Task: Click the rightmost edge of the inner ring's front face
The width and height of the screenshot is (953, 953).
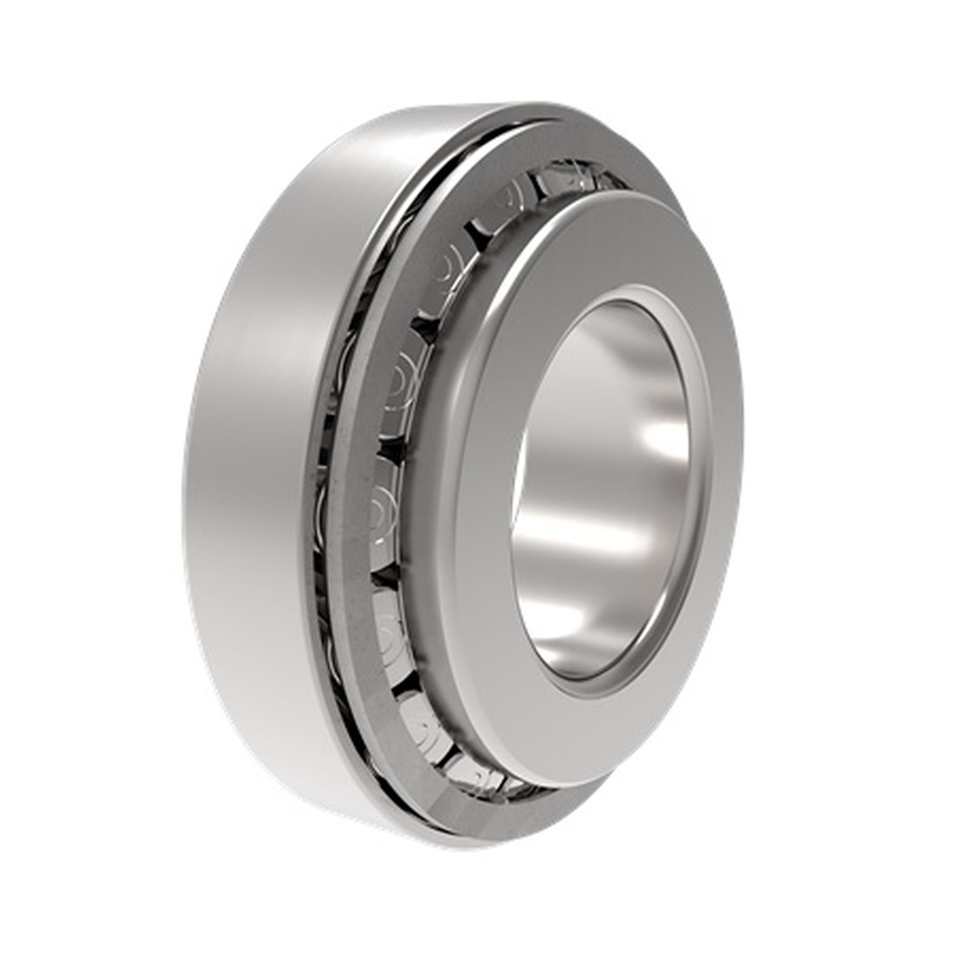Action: click(x=743, y=444)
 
